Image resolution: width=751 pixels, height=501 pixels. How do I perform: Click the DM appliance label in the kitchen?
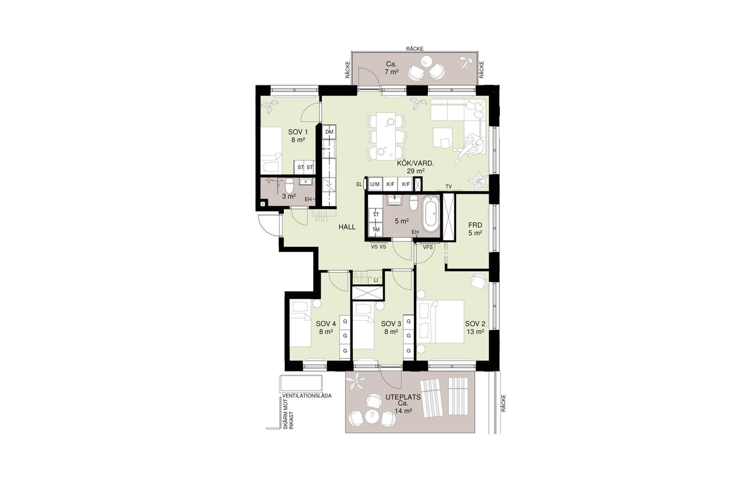pyautogui.click(x=329, y=132)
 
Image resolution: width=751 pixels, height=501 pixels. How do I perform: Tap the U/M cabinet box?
pyautogui.click(x=375, y=184)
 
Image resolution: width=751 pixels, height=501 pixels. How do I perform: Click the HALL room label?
pyautogui.click(x=347, y=227)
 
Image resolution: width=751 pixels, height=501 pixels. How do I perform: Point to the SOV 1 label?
pyautogui.click(x=298, y=132)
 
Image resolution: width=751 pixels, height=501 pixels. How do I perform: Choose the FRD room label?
pyautogui.click(x=475, y=225)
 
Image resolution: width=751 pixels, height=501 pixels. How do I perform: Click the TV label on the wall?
pyautogui.click(x=449, y=186)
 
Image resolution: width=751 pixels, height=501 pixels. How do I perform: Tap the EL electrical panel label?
pyautogui.click(x=360, y=184)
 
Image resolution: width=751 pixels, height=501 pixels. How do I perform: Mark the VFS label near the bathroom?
pyautogui.click(x=428, y=247)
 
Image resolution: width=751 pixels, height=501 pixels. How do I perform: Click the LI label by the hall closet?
pyautogui.click(x=376, y=280)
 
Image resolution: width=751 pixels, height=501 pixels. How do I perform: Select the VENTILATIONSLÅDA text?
pyautogui.click(x=307, y=396)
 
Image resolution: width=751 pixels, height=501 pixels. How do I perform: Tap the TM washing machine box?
pyautogui.click(x=376, y=230)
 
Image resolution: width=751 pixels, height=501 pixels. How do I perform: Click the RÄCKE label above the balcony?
pyautogui.click(x=415, y=48)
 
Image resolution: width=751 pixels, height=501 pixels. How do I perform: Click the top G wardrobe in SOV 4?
pyautogui.click(x=345, y=321)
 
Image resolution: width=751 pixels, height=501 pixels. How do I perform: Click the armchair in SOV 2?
pyautogui.click(x=478, y=281)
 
